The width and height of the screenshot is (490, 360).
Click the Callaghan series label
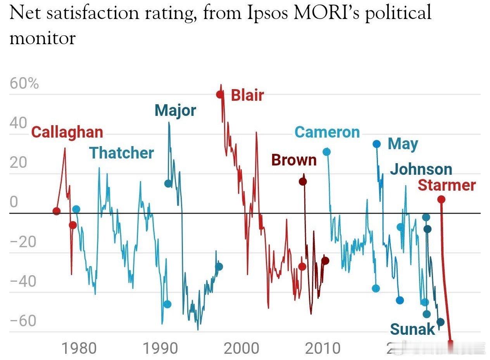click(x=67, y=132)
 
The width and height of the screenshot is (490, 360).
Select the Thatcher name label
click(x=122, y=153)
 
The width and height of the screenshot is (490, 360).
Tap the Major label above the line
click(x=175, y=111)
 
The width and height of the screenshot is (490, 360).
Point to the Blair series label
click(x=247, y=95)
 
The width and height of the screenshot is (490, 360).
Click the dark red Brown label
click(x=294, y=160)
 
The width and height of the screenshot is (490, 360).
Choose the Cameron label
click(x=327, y=133)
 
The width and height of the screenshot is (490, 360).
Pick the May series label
click(x=403, y=144)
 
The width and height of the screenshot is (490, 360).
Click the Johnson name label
click(x=421, y=169)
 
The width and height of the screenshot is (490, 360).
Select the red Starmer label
click(x=447, y=185)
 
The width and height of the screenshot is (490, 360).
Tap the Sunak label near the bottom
click(x=412, y=329)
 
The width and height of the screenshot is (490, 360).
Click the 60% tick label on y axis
click(x=24, y=84)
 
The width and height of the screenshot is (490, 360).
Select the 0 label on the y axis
click(x=14, y=202)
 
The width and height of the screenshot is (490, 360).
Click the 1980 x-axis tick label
click(x=79, y=348)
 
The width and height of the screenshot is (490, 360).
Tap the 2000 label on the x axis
click(x=242, y=348)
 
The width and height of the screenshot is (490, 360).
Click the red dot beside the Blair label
click(x=220, y=94)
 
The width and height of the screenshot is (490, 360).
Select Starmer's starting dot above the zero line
click(x=441, y=200)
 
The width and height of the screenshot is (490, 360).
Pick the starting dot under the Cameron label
click(x=327, y=152)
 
